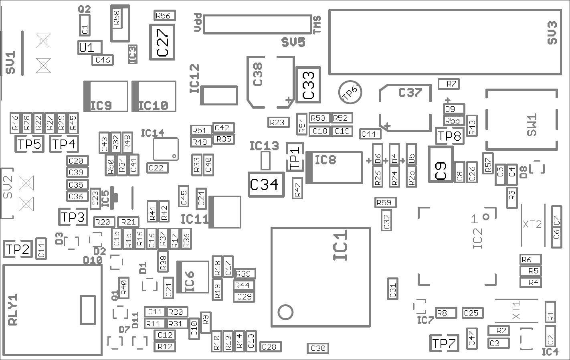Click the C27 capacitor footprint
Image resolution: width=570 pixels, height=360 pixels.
point(162,42)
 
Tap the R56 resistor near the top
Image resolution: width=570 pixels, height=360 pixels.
point(165,16)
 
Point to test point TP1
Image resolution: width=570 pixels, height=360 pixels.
point(295,157)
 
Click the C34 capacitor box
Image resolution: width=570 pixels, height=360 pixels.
point(267,184)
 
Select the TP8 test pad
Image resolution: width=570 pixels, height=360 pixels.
point(449,136)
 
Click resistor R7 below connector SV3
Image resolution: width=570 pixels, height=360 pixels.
point(449,84)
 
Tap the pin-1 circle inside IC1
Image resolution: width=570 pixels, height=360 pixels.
point(285,311)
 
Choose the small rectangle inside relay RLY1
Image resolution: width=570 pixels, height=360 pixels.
point(88,310)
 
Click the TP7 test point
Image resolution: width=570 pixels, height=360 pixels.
point(444,343)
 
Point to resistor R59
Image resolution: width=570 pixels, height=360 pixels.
point(385,203)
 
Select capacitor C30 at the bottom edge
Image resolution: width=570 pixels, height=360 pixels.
point(318,348)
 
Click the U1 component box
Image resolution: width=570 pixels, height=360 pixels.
point(90,48)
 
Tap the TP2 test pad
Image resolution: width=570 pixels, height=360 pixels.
point(18,249)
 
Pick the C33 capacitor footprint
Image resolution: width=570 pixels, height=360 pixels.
point(308,85)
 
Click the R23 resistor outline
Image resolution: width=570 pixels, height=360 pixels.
point(278,122)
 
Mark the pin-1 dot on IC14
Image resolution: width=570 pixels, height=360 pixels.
point(174,156)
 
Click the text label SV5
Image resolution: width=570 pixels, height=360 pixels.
point(293,42)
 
